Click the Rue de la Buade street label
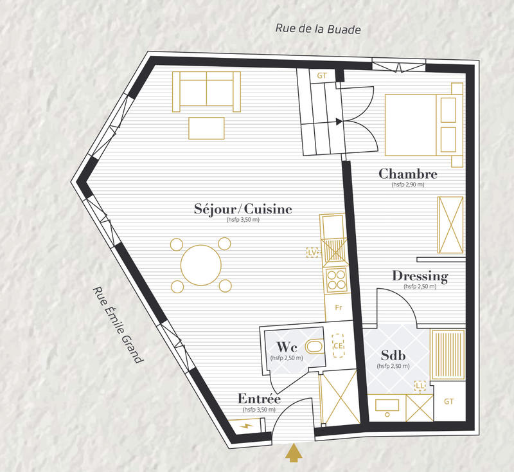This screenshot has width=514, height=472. (x=318, y=29)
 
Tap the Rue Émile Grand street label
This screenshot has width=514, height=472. (x=116, y=325)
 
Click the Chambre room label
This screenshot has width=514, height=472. (x=408, y=174)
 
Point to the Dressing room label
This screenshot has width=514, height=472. (x=420, y=277)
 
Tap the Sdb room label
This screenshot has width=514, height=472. (x=393, y=356)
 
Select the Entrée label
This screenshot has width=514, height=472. (x=258, y=398)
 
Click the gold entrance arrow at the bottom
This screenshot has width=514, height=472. (x=294, y=453)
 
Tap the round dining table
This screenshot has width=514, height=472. (x=202, y=264)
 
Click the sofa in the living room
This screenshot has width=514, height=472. (x=206, y=90)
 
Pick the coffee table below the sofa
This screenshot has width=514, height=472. (x=206, y=128)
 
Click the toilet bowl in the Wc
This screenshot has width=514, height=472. (x=314, y=347)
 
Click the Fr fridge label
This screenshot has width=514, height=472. (x=338, y=307)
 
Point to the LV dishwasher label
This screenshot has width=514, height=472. (x=314, y=253)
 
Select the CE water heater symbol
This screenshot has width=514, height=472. (x=338, y=345)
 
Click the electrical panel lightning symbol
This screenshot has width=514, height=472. (x=247, y=425)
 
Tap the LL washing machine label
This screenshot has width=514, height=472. (x=421, y=385)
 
